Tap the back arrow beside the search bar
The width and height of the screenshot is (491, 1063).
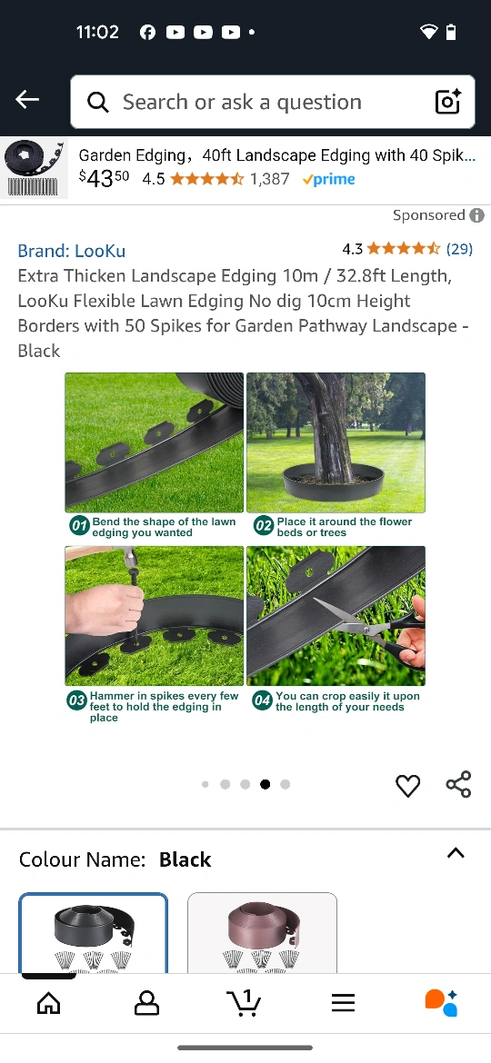pyautogui.click(x=27, y=100)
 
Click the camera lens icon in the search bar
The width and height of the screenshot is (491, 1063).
pyautogui.click(x=447, y=102)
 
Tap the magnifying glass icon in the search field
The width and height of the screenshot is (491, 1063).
pyautogui.click(x=98, y=103)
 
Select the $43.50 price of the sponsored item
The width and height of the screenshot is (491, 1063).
pyautogui.click(x=104, y=178)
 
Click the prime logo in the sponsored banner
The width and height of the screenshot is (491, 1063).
pyautogui.click(x=329, y=179)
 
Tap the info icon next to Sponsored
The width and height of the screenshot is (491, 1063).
pyautogui.click(x=477, y=215)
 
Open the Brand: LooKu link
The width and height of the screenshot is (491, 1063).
pyautogui.click(x=71, y=250)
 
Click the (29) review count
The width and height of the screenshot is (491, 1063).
pyautogui.click(x=459, y=249)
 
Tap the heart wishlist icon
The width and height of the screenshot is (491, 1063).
pyautogui.click(x=407, y=786)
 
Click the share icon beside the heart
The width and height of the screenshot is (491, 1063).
pyautogui.click(x=458, y=784)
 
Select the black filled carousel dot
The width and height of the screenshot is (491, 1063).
pyautogui.click(x=266, y=784)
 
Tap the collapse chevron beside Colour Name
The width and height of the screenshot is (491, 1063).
pyautogui.click(x=456, y=853)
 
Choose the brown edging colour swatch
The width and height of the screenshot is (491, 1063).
pyautogui.click(x=262, y=933)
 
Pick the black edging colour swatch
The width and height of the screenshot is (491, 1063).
pyautogui.click(x=93, y=933)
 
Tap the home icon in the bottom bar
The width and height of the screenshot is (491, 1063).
pyautogui.click(x=49, y=1003)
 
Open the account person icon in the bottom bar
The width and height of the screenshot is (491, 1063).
pyautogui.click(x=146, y=1003)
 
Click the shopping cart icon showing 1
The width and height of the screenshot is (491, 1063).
pyautogui.click(x=245, y=1003)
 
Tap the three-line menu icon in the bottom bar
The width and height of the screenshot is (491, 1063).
pyautogui.click(x=343, y=1003)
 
